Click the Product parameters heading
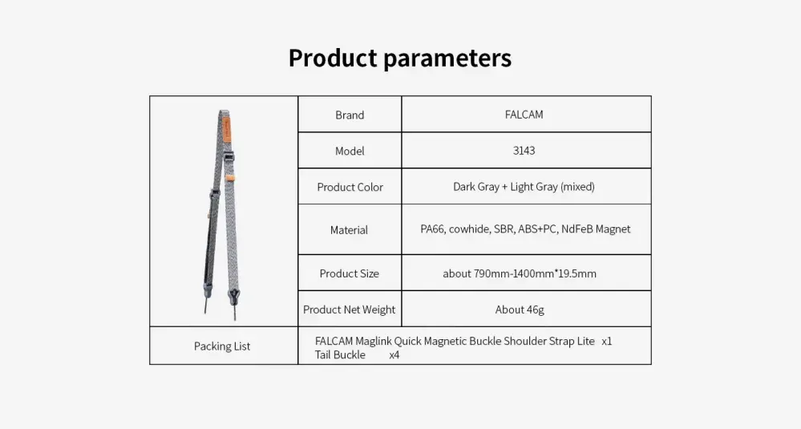pyautogui.click(x=400, y=58)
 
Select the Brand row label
pyautogui.click(x=350, y=115)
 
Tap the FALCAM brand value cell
pyautogui.click(x=526, y=114)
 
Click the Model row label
pyautogui.click(x=350, y=151)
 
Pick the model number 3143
pyautogui.click(x=524, y=151)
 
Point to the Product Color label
pyautogui.click(x=350, y=187)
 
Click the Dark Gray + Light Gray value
pyautogui.click(x=524, y=186)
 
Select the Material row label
pyautogui.click(x=349, y=230)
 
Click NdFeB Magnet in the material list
pyautogui.click(x=596, y=229)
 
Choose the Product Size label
pyautogui.click(x=350, y=273)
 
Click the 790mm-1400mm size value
pyautogui.click(x=520, y=273)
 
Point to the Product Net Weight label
pyautogui.click(x=349, y=310)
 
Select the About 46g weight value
pyautogui.click(x=520, y=310)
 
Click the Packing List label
pyautogui.click(x=222, y=346)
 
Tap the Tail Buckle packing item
pyautogui.click(x=340, y=355)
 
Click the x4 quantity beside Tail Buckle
pyautogui.click(x=394, y=355)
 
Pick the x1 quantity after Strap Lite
pyautogui.click(x=607, y=341)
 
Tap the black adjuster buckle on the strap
pyautogui.click(x=230, y=158)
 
